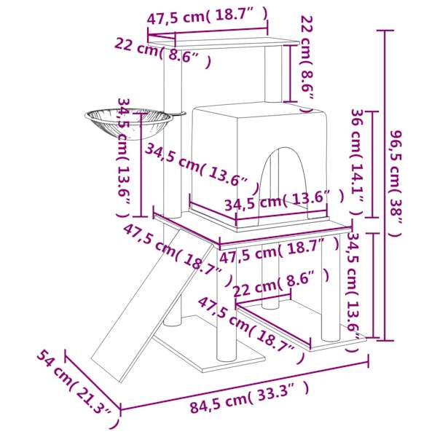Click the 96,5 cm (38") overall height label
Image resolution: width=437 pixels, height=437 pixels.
[395, 184]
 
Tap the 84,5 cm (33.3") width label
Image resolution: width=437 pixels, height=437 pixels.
[249, 397]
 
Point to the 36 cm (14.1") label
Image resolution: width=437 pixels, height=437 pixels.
[357, 162]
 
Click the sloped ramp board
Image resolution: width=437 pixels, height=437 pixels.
[152, 305]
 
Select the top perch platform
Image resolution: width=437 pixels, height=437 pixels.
[224, 42]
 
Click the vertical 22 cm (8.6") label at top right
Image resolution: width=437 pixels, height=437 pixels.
[307, 64]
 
